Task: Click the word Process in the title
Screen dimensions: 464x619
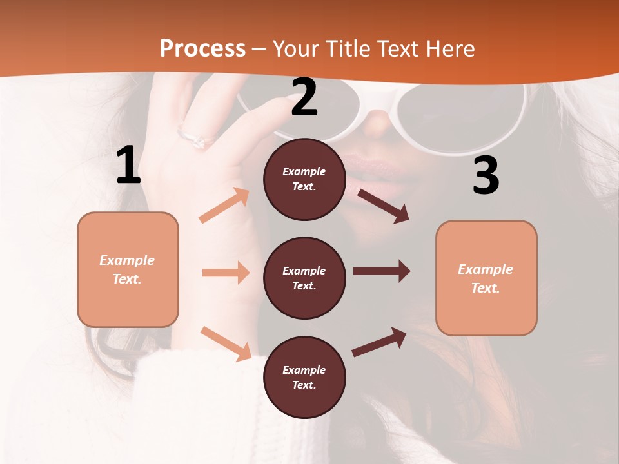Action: pos(202,49)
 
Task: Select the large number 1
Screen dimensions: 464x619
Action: pos(128,166)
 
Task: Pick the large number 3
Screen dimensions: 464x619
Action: pos(486,176)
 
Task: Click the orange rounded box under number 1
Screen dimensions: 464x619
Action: pos(128,269)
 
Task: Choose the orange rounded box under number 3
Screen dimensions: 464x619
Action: pos(486,278)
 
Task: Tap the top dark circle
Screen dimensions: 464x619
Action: pos(304,179)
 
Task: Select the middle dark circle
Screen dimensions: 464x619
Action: pos(304,278)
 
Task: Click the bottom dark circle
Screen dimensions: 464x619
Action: pos(304,377)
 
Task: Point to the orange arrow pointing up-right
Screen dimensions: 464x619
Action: pos(224,206)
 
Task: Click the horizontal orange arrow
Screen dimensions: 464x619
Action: pos(226,273)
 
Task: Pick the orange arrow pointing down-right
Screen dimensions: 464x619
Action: pos(226,343)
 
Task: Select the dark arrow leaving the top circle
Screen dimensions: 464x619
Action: pos(383,206)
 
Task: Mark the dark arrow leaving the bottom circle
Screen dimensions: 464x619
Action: pos(379,342)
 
